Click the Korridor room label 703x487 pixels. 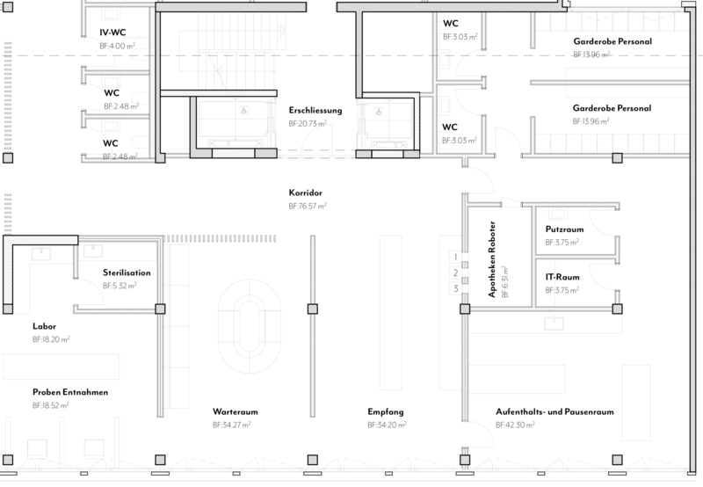(305, 193)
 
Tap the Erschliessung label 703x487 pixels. (315, 110)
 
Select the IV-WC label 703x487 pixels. (112, 33)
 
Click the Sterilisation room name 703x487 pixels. (127, 273)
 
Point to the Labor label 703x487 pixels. (44, 326)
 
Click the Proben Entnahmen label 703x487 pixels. (70, 392)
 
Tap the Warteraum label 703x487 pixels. (235, 411)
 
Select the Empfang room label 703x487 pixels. (386, 412)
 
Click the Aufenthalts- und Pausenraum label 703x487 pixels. (554, 411)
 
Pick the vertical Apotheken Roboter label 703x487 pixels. (492, 259)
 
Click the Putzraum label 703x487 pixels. (564, 229)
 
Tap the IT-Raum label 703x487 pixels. (562, 277)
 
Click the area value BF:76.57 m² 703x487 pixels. (308, 207)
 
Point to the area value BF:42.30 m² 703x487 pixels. (515, 425)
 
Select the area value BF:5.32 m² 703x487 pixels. (120, 286)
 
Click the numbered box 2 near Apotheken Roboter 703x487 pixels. (455, 273)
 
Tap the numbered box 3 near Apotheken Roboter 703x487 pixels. (455, 288)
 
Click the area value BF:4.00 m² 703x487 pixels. (118, 46)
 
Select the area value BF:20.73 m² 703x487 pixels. (308, 124)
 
